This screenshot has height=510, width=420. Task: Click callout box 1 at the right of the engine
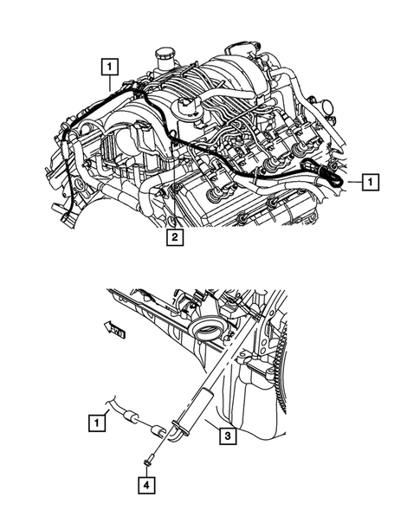point(370,182)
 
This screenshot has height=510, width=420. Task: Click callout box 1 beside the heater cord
point(100,423)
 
